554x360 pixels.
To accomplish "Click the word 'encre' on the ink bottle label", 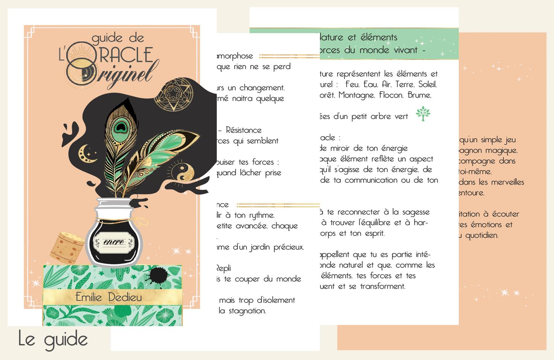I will pos(114,242).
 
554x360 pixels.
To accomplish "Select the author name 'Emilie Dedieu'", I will pos(108,297).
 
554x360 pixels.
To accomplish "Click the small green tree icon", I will pos(423,114).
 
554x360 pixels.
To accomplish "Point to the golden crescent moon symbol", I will pos(83,151).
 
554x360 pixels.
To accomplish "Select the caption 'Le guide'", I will pos(53,339).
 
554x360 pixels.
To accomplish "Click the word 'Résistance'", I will pos(244,130).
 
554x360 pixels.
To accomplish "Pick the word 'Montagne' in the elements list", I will pos(355,95).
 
